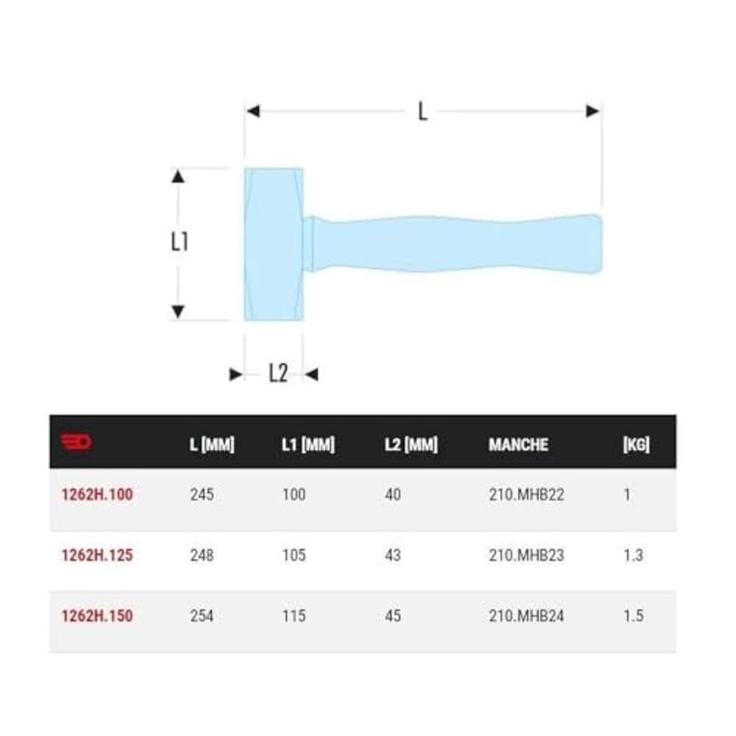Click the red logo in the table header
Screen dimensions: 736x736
point(76,442)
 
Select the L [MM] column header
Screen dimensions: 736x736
point(211,445)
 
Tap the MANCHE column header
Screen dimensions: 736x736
point(518,445)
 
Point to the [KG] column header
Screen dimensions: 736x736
point(636,445)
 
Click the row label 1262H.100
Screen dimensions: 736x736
point(97,495)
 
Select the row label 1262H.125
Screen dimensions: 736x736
point(97,555)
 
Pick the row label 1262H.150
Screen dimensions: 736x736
point(97,615)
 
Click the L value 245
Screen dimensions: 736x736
point(202,495)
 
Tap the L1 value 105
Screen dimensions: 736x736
point(294,555)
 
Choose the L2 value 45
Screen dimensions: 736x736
point(393,615)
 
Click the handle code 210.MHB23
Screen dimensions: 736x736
point(526,555)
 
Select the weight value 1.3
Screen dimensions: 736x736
point(633,555)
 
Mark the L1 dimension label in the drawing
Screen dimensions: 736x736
point(180,241)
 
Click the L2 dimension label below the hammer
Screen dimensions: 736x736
point(277,374)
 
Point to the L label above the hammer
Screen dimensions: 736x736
point(422,112)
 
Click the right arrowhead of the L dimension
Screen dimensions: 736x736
point(593,111)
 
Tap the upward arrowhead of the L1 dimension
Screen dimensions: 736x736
point(177,176)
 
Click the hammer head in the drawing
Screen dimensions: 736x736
point(273,244)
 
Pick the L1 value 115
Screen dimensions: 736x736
point(294,615)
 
